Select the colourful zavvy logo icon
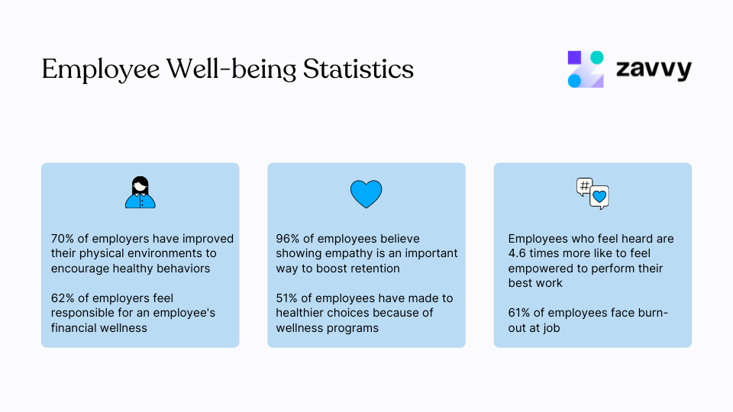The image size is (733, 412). pyautogui.click(x=586, y=69)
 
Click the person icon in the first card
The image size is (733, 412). pyautogui.click(x=140, y=192)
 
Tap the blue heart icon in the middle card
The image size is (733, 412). pyautogui.click(x=366, y=194)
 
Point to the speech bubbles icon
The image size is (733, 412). pyautogui.click(x=593, y=194)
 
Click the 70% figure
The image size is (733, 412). pyautogui.click(x=63, y=239)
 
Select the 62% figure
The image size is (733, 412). pyautogui.click(x=63, y=298)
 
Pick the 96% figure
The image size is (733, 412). pyautogui.click(x=288, y=239)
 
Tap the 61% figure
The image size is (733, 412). pyautogui.click(x=520, y=313)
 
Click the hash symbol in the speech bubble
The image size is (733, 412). pyautogui.click(x=585, y=185)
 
